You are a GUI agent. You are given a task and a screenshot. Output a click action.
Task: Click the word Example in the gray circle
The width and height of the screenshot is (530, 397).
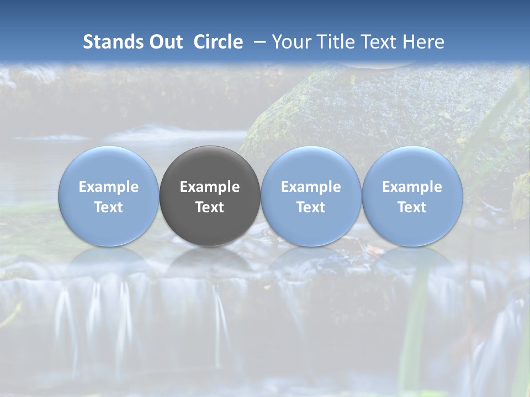[x=210, y=187]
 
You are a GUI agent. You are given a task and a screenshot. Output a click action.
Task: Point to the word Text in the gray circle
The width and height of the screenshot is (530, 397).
[x=210, y=207]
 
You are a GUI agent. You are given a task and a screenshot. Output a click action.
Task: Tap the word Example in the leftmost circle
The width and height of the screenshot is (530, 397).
[x=108, y=187]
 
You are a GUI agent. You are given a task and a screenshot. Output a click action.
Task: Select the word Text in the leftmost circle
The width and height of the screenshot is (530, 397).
[x=108, y=207]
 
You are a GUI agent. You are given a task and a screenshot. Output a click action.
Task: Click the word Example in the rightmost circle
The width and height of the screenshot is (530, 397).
[x=412, y=187]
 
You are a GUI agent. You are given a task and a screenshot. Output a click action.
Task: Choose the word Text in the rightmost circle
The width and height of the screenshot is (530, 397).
[x=412, y=207]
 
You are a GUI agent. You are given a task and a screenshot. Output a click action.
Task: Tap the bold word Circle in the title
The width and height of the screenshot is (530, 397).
[x=218, y=42]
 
